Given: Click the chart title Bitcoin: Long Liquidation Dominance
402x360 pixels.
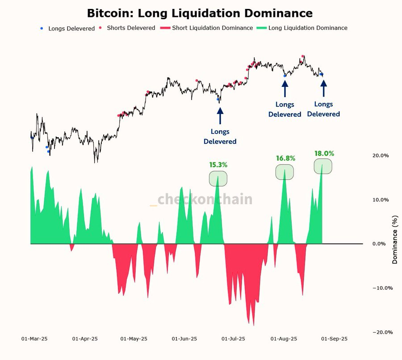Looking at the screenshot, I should pyautogui.click(x=200, y=13).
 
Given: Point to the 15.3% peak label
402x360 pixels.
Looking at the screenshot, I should pyautogui.click(x=218, y=165).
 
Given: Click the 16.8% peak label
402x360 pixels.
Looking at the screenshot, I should pyautogui.click(x=285, y=158).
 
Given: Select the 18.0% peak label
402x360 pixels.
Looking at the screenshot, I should pyautogui.click(x=324, y=153).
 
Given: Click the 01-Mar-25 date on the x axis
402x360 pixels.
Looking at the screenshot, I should pyautogui.click(x=34, y=339).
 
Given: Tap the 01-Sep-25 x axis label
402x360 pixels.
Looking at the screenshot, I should pyautogui.click(x=334, y=339).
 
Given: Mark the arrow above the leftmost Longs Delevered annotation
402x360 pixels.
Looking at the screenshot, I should pyautogui.click(x=220, y=115).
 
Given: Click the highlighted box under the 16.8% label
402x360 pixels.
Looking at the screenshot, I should pyautogui.click(x=285, y=172).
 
